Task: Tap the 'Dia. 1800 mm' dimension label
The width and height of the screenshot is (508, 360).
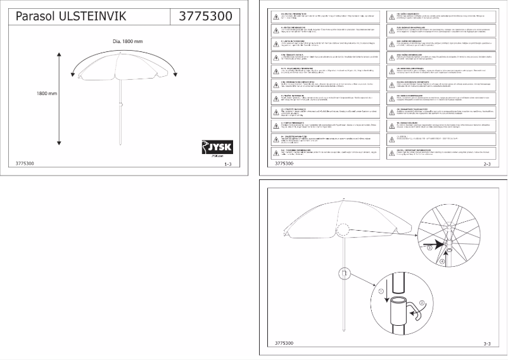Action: (x=127, y=41)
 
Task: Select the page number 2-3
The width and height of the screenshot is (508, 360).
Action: (x=487, y=164)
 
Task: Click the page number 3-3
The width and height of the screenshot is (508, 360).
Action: (x=487, y=344)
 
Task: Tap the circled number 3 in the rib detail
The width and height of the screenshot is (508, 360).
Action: (x=429, y=248)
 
